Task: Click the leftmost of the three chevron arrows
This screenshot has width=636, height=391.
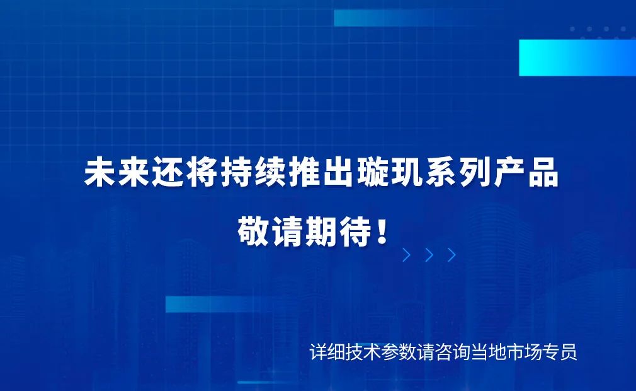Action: [x=407, y=255]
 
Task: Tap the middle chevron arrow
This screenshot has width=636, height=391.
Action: [x=429, y=255]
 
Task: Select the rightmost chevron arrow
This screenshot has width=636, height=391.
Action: [x=451, y=255]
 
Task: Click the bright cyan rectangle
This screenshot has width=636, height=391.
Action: [x=577, y=57]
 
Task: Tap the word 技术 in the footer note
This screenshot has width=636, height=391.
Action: [x=363, y=352]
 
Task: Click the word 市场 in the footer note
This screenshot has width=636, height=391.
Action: [x=524, y=352]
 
